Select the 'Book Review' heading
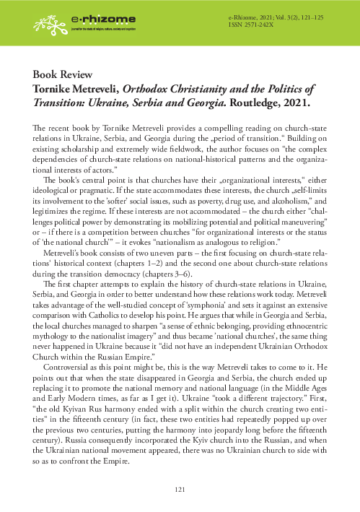[x=61, y=75]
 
